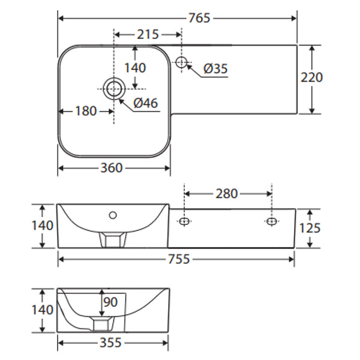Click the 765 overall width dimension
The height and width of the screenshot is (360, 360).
(x=199, y=18)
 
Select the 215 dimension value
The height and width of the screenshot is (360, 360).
(x=148, y=34)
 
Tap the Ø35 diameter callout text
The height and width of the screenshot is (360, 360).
(x=215, y=68)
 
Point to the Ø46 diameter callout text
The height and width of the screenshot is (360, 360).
(x=146, y=103)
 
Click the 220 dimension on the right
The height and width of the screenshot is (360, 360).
(x=311, y=77)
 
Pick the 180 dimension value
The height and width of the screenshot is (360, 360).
(x=86, y=111)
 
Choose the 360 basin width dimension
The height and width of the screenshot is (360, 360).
(x=112, y=168)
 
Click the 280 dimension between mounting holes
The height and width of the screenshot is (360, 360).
(x=226, y=194)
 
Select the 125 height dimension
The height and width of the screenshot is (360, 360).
(x=310, y=228)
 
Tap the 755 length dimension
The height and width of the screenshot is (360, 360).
(x=179, y=259)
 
